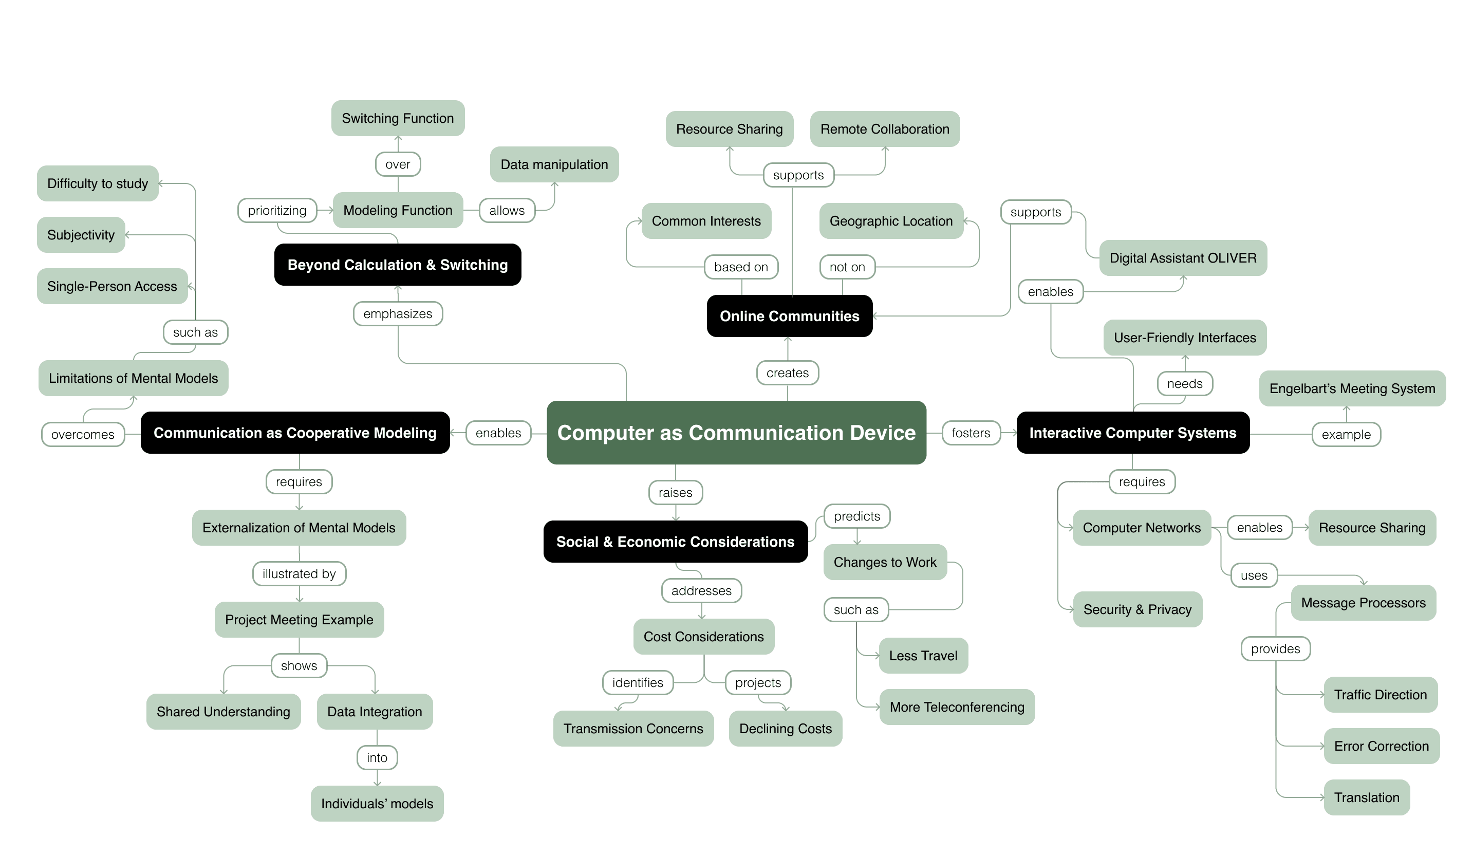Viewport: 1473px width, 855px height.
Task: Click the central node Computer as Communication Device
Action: point(736,433)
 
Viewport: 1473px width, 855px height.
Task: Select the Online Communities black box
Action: point(789,316)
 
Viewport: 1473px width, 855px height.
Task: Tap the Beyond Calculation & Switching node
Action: point(398,265)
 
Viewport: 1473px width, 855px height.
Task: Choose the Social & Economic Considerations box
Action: point(675,542)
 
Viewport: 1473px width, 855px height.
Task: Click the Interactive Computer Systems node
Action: point(1132,433)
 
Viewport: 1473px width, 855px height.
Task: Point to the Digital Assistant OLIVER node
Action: point(1183,258)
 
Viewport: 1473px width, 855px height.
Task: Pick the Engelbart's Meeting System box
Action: point(1351,388)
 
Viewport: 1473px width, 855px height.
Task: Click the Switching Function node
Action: point(398,118)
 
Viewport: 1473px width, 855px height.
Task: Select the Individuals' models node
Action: point(377,804)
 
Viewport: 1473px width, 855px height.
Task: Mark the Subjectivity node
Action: point(81,235)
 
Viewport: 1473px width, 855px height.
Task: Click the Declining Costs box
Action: point(785,729)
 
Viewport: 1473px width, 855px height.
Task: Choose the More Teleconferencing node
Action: point(956,707)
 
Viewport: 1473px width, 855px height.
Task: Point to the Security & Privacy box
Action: point(1137,609)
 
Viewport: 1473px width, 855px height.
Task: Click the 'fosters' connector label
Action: point(971,433)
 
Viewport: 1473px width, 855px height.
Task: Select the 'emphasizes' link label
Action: point(398,314)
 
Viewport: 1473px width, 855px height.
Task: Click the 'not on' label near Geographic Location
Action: point(847,267)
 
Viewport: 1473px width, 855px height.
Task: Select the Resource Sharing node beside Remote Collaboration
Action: point(729,129)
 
